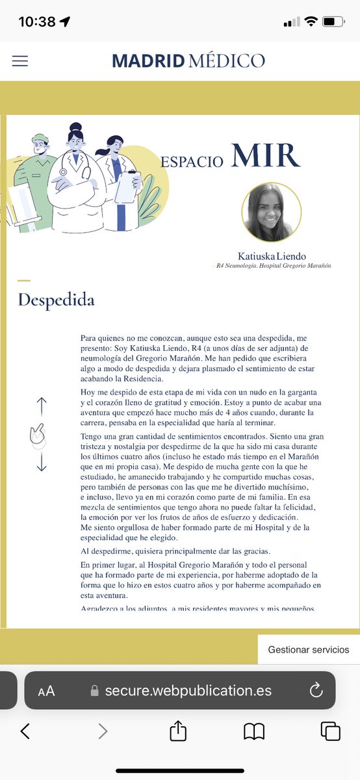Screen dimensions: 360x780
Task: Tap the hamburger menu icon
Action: coord(20,60)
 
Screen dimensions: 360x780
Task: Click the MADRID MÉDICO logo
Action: coord(188,60)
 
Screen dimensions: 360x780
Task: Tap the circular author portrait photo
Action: coord(271,213)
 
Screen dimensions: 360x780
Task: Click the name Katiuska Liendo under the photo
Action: coord(272,256)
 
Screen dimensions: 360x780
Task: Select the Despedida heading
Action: coord(56,300)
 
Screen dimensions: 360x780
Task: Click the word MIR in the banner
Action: coord(265,155)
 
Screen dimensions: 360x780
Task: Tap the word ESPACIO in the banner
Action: coord(192,161)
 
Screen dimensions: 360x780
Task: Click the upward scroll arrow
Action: coord(42,407)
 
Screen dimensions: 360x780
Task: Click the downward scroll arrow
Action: coord(42,462)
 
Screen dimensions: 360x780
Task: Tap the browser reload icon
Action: coord(316,690)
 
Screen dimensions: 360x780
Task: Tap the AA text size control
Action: coord(46,691)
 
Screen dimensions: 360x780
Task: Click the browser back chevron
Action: coord(25,731)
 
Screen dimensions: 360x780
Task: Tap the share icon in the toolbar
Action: coord(178,731)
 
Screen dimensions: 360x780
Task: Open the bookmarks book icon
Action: coord(254,732)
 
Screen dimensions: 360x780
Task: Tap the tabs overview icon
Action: coord(330,731)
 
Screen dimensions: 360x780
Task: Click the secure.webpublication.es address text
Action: coord(188,690)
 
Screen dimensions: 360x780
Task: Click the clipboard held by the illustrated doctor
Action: coord(127,187)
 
